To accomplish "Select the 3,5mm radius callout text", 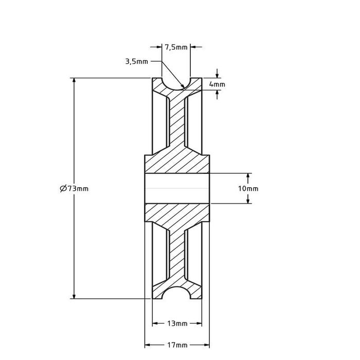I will tap(136, 62).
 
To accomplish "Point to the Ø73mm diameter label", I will tap(74, 189).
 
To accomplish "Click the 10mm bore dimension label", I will tap(248, 189).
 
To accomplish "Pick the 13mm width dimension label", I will tap(177, 323).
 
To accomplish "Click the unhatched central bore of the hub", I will tap(177, 189).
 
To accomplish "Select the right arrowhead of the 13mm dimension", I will tap(199, 323).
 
